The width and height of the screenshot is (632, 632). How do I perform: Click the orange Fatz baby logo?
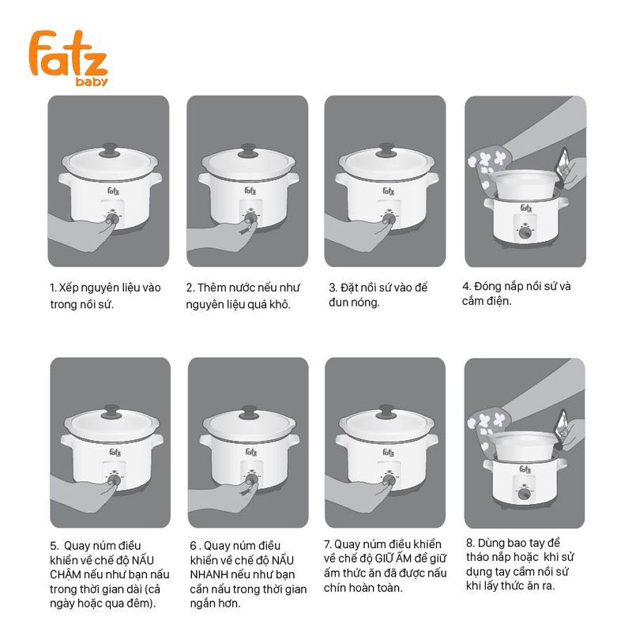click(68, 58)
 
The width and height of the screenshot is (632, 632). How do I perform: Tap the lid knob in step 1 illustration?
click(110, 149)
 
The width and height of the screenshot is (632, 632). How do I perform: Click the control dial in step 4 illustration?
click(525, 232)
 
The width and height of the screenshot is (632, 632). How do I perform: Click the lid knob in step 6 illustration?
click(249, 412)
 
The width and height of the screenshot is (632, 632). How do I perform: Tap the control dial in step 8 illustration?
click(524, 494)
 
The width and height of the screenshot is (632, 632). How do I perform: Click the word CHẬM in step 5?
click(65, 574)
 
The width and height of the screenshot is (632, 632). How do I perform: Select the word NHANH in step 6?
click(209, 574)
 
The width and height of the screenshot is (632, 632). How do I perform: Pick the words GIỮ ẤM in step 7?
click(400, 559)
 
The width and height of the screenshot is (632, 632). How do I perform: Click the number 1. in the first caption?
click(53, 288)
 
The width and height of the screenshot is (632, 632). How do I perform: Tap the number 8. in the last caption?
click(470, 543)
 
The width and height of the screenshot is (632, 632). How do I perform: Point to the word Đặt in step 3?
click(349, 288)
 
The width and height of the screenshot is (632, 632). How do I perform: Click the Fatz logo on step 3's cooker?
click(388, 191)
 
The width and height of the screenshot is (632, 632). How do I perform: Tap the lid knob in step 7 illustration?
click(386, 412)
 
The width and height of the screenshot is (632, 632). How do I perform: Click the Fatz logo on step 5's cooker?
click(115, 452)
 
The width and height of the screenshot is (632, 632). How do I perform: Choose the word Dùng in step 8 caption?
click(491, 544)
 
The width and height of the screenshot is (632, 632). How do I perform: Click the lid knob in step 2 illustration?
click(248, 150)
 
